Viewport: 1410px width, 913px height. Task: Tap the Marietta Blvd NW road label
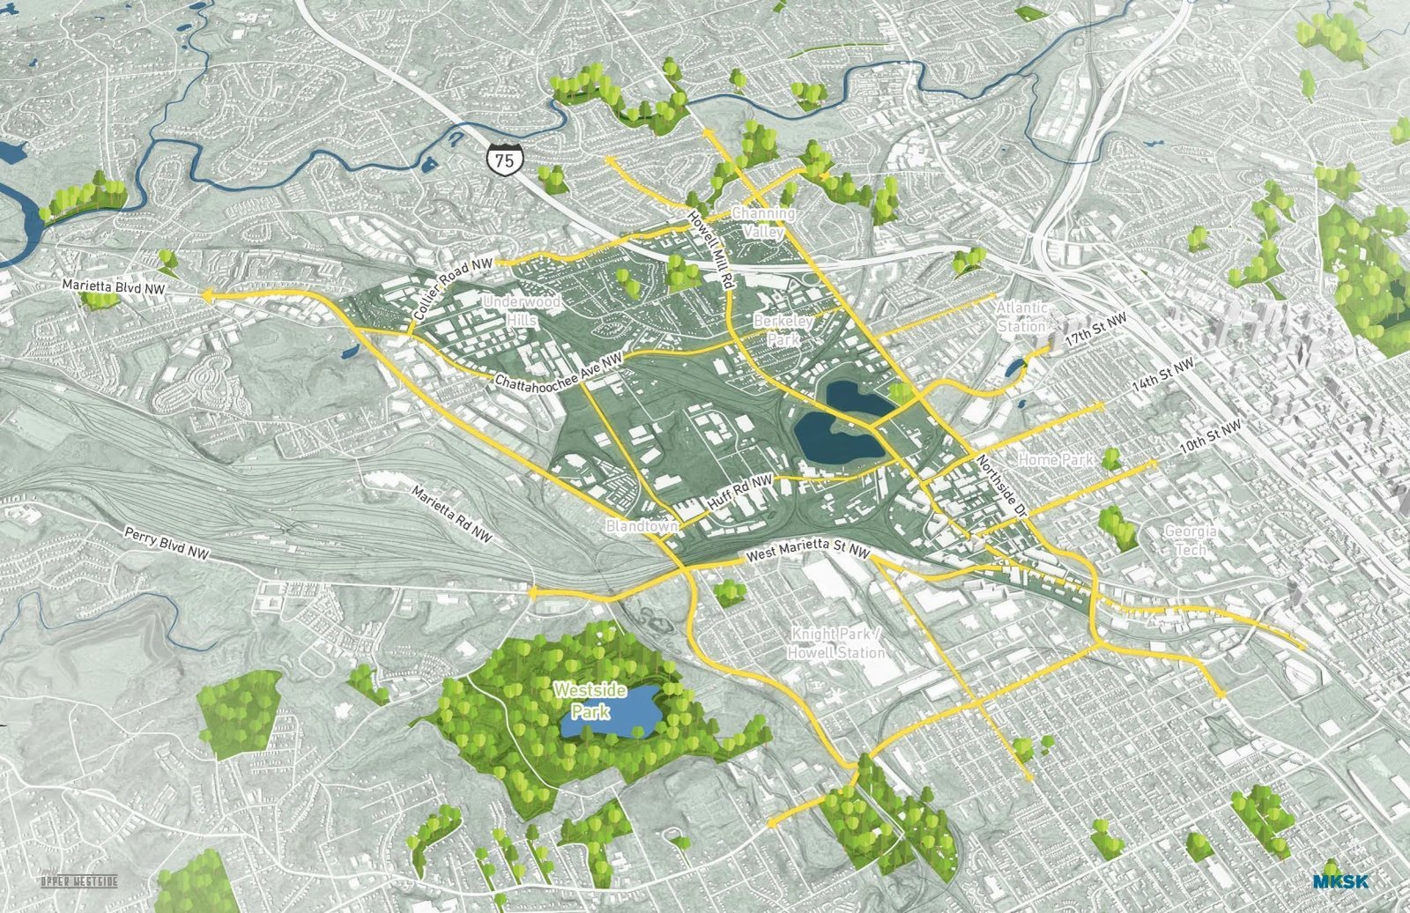click(115, 287)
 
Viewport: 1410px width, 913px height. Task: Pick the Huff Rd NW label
click(739, 494)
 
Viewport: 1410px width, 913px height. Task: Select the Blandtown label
click(642, 526)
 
